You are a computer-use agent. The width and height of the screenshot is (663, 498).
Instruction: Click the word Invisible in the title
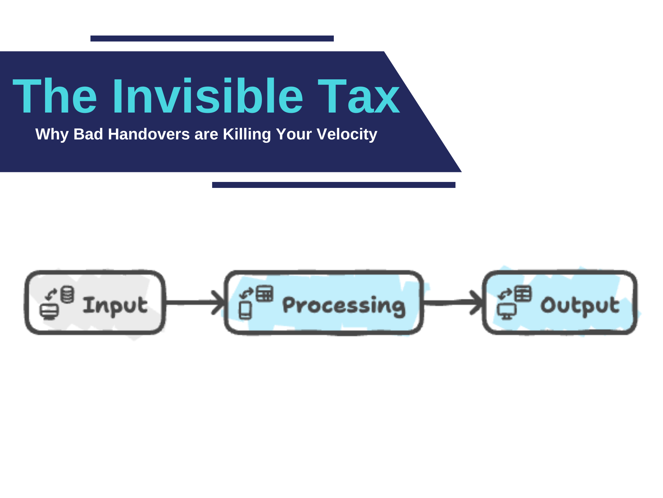click(x=208, y=97)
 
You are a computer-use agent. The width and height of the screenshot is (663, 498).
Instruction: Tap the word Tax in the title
click(x=359, y=97)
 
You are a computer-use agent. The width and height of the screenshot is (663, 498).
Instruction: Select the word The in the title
click(x=55, y=97)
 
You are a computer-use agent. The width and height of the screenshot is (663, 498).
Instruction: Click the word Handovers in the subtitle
click(x=149, y=134)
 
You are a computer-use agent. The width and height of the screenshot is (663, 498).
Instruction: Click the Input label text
click(x=115, y=306)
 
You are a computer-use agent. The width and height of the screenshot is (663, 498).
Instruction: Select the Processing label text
click(x=344, y=306)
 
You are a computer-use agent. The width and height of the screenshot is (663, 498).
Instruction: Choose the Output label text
click(x=580, y=306)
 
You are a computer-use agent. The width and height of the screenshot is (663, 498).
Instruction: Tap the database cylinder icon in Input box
click(x=67, y=294)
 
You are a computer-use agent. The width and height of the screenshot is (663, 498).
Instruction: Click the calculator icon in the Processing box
click(x=265, y=293)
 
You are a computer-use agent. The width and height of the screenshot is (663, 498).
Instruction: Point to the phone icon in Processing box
click(x=245, y=310)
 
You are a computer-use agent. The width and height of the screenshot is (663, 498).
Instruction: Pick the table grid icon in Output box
click(x=523, y=294)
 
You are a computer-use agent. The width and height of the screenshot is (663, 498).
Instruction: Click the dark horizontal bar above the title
click(x=212, y=39)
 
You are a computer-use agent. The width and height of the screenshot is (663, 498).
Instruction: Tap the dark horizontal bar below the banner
click(x=333, y=185)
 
